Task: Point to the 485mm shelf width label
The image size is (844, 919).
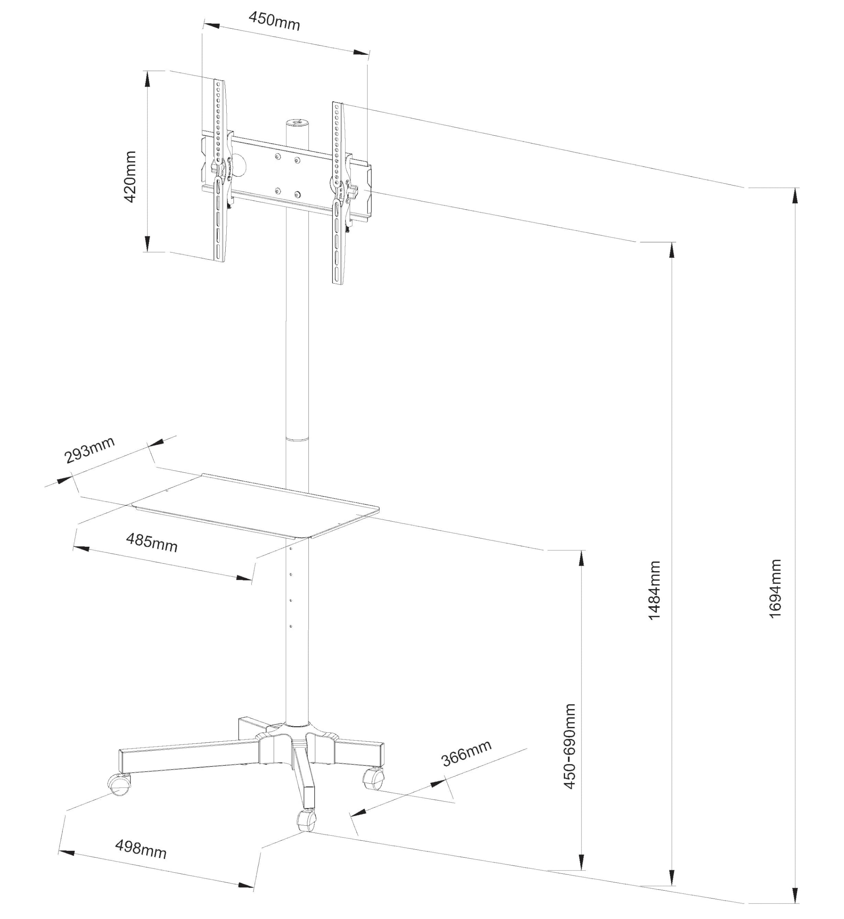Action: coord(152,543)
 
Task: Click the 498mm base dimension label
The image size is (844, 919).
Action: coord(141,849)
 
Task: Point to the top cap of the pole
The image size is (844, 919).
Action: coord(297,122)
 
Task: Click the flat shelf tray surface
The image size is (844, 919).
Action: coord(256,505)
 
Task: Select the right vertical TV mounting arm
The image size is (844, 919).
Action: coord(339,192)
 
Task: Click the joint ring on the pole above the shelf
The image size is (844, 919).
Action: coord(297,439)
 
